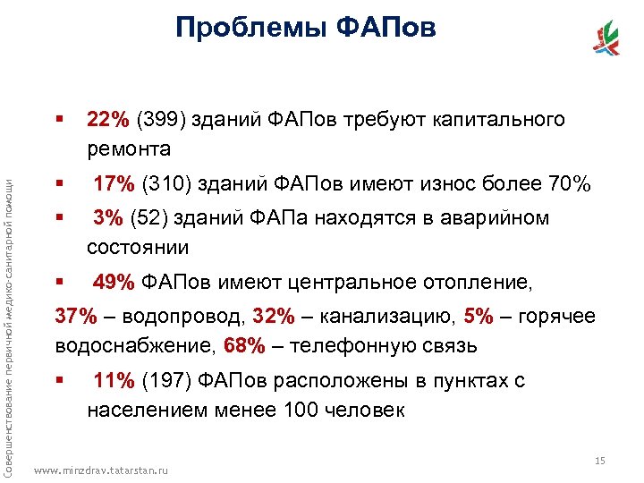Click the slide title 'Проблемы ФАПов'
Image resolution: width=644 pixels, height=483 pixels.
tap(306, 29)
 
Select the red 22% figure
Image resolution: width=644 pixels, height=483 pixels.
tap(107, 120)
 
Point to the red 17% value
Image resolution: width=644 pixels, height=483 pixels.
tap(114, 184)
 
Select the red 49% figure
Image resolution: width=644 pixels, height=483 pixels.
tap(114, 284)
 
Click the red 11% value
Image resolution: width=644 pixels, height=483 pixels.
tap(114, 381)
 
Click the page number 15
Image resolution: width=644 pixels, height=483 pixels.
tap(600, 461)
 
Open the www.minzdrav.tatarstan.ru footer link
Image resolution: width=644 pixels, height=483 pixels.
tap(99, 470)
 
